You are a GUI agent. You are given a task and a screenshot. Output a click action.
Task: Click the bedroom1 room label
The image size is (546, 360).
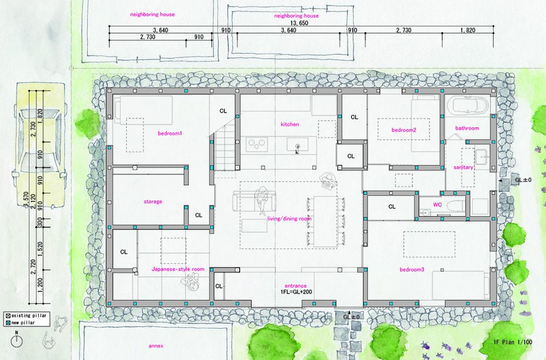click(170, 133)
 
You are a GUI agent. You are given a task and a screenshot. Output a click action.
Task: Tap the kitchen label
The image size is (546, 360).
click(289, 125)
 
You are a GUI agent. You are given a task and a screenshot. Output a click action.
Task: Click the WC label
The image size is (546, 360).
click(438, 204)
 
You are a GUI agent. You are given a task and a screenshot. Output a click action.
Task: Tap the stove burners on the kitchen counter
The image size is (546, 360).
click(257, 144)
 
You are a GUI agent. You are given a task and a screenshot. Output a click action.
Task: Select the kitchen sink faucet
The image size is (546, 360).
click(297, 148)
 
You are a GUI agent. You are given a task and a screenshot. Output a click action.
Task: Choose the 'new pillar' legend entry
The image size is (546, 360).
click(20, 322)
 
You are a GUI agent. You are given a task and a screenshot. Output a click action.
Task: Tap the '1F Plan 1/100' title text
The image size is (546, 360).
click(513, 342)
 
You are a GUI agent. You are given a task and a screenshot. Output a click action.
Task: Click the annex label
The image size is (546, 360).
click(156, 346)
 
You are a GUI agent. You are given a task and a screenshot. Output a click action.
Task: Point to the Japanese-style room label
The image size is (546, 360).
click(178, 269)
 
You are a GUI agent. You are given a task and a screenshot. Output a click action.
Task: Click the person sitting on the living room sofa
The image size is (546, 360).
click(263, 201)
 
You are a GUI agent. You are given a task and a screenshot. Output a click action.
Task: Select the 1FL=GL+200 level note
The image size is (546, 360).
click(296, 292)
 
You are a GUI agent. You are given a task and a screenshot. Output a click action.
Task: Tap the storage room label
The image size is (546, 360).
click(153, 201)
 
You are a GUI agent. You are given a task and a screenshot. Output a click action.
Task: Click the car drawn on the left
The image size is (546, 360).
click(39, 146)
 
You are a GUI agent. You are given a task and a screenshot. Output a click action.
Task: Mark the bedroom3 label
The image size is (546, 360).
click(412, 270)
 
